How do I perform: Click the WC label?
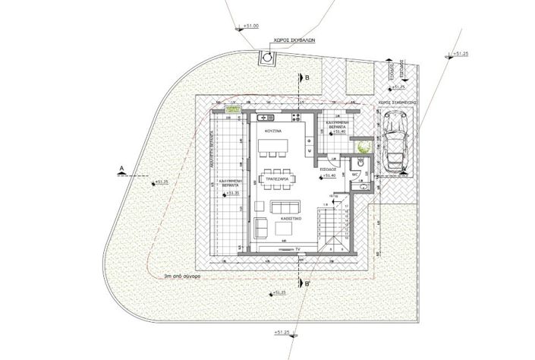click(x=354, y=173)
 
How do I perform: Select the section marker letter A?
click(x=121, y=165)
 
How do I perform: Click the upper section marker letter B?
click(x=306, y=78)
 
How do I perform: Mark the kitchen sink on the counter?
click(x=269, y=118)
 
